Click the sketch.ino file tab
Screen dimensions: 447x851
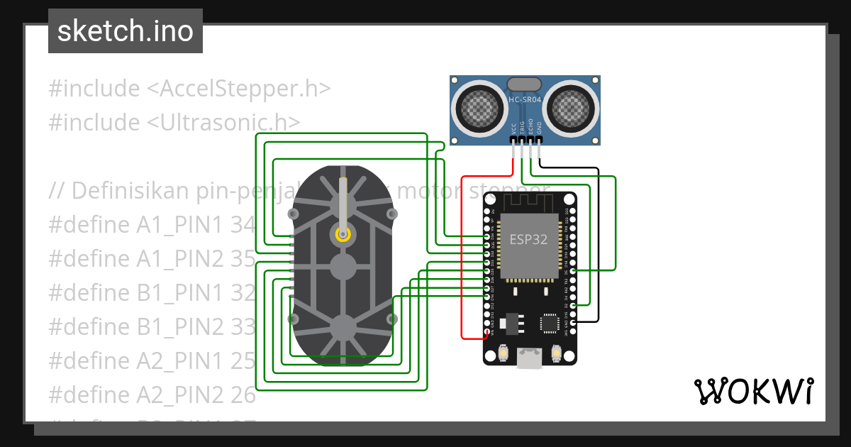[126, 31]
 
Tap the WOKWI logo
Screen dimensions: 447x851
[752, 391]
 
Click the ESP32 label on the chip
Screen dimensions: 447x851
[528, 239]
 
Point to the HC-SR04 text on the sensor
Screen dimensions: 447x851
[525, 100]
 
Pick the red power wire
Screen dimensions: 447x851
[462, 255]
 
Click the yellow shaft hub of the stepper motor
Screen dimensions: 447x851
[343, 233]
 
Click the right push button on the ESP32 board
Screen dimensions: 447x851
[556, 352]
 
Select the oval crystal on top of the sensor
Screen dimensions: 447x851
[525, 85]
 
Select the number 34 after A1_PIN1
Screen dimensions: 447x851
[243, 225]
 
